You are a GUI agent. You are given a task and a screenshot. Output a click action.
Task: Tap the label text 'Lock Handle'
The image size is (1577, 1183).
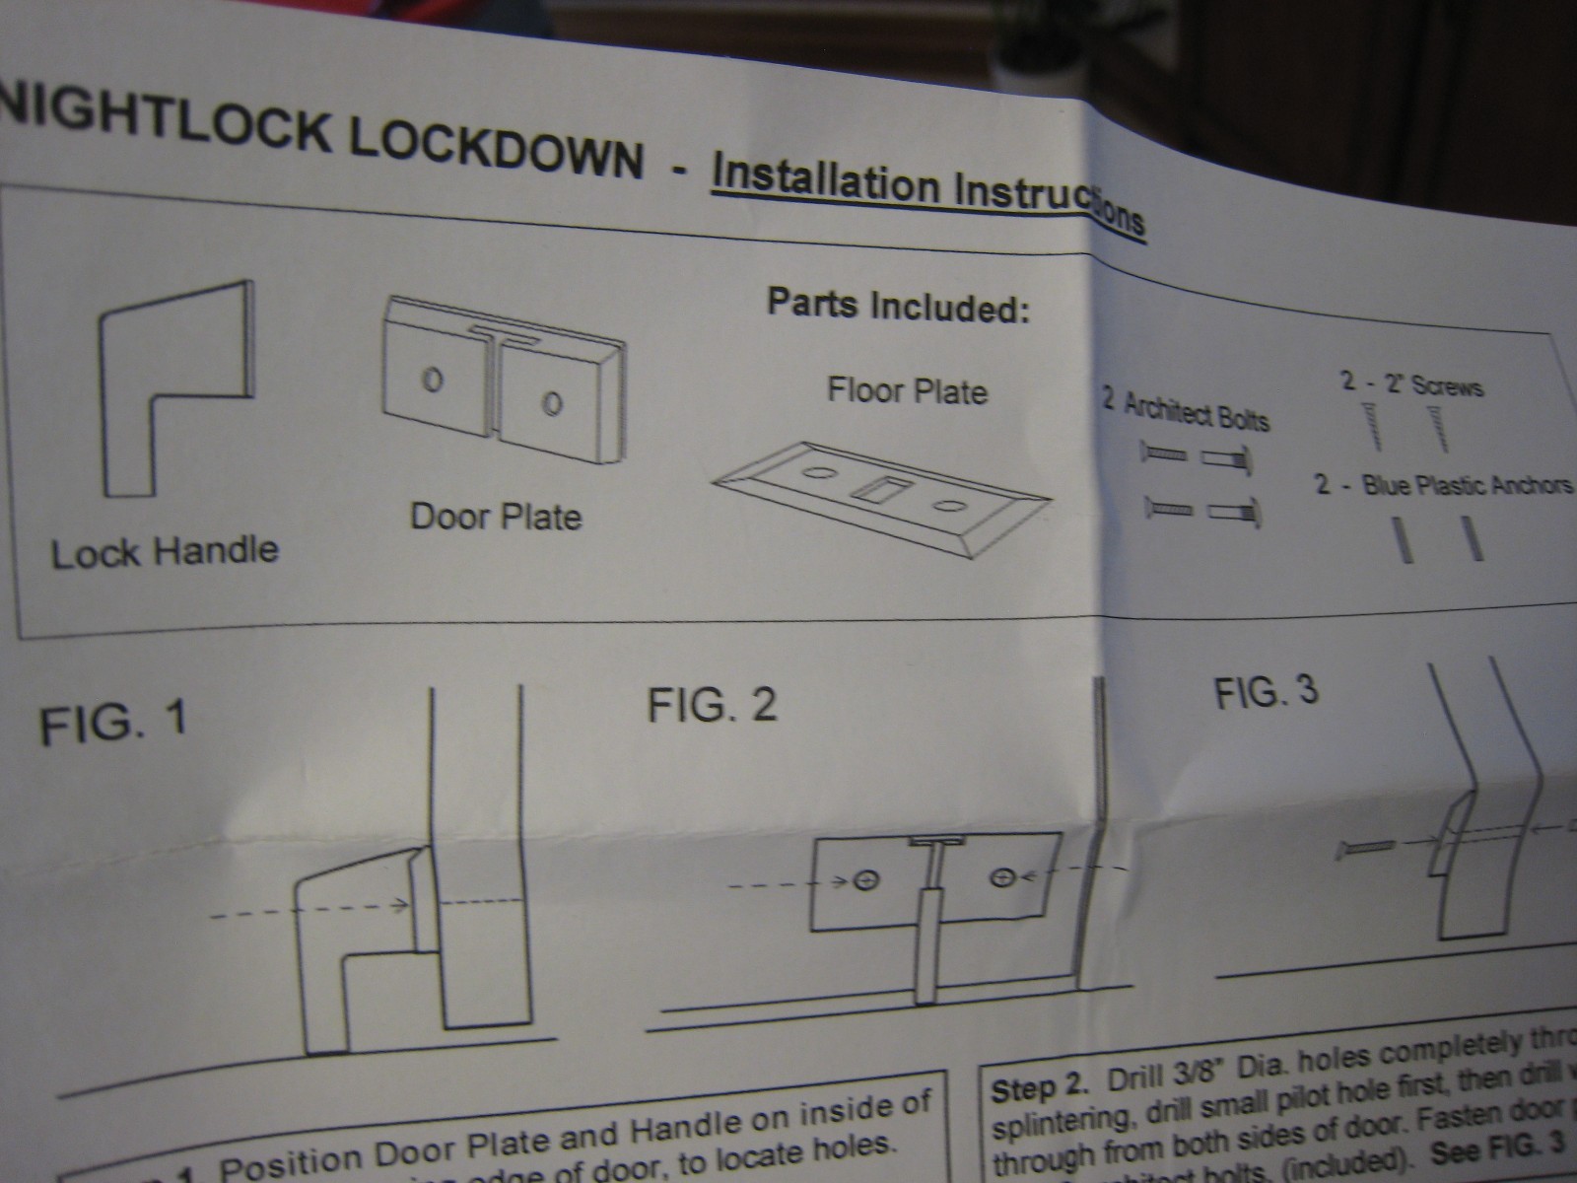[165, 551]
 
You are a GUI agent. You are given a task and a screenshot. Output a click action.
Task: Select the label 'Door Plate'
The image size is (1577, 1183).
[496, 517]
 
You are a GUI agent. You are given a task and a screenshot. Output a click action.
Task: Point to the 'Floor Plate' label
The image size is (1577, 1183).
[907, 391]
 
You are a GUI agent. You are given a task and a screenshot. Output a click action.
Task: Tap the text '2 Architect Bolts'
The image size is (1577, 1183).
[1186, 412]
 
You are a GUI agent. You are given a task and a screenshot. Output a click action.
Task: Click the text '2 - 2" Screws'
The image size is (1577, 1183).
[1411, 384]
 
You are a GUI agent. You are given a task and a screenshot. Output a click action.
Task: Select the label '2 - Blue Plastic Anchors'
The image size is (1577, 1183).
[1443, 486]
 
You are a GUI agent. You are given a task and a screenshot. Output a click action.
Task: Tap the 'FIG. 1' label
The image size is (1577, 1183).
[112, 723]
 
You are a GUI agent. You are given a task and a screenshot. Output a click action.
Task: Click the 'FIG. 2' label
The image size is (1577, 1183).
[712, 705]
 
